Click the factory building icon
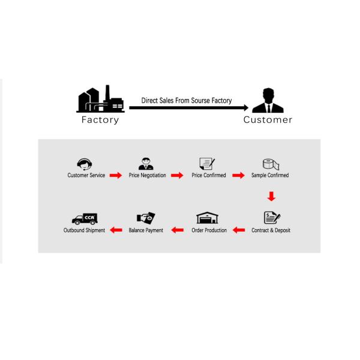(100, 100)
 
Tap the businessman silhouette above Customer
(268, 101)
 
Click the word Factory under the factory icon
(100, 119)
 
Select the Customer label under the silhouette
(268, 119)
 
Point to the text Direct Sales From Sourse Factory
(186, 101)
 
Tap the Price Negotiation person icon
(146, 163)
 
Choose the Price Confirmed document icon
(207, 163)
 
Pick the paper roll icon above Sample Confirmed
(270, 163)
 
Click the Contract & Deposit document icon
(272, 218)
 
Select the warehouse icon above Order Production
(207, 218)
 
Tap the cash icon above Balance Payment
(146, 218)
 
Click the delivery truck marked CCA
(85, 218)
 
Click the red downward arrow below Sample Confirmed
(271, 196)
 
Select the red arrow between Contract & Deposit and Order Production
(239, 230)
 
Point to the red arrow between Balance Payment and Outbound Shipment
(116, 230)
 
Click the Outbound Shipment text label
(85, 230)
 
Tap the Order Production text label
(209, 230)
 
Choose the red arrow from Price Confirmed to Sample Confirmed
(238, 175)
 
